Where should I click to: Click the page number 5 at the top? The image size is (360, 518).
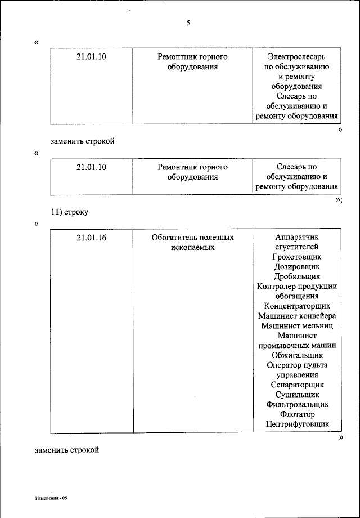(188, 23)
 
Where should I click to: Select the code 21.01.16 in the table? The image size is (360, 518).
(91, 238)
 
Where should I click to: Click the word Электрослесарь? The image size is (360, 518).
(296, 57)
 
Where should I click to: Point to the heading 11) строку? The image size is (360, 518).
(70, 212)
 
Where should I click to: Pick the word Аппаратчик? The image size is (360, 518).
(296, 238)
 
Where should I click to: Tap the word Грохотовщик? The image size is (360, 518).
(296, 257)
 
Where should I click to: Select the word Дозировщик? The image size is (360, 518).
(296, 266)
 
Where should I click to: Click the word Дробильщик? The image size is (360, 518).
(296, 276)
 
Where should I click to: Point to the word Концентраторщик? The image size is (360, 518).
(296, 306)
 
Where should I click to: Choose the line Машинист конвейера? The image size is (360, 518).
(296, 316)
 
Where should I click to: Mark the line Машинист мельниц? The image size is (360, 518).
(296, 325)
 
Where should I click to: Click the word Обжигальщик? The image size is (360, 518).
(296, 355)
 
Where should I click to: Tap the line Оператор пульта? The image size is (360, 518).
(296, 365)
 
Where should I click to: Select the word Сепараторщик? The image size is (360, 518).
(296, 385)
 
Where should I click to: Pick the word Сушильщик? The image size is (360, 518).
(296, 395)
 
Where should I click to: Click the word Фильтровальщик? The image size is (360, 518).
(296, 404)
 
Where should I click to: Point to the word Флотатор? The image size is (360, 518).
(296, 414)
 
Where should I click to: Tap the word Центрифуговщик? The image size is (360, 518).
(296, 424)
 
